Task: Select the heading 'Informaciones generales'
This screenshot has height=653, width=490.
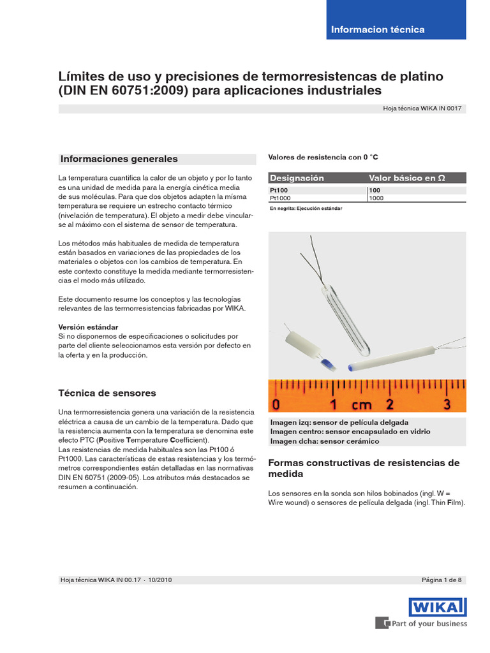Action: [119, 159]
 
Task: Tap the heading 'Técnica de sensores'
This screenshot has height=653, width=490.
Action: [107, 393]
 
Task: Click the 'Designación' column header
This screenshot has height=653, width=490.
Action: [297, 178]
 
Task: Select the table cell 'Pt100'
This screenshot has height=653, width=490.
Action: [279, 191]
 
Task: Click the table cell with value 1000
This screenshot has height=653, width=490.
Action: [376, 198]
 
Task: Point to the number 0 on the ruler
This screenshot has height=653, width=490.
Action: [276, 404]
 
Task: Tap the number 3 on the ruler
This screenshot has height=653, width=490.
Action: [447, 404]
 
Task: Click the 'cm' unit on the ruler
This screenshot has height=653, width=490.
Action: [361, 405]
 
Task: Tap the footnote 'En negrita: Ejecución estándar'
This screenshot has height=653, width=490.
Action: [306, 209]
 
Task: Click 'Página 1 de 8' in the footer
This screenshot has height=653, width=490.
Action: [442, 580]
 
